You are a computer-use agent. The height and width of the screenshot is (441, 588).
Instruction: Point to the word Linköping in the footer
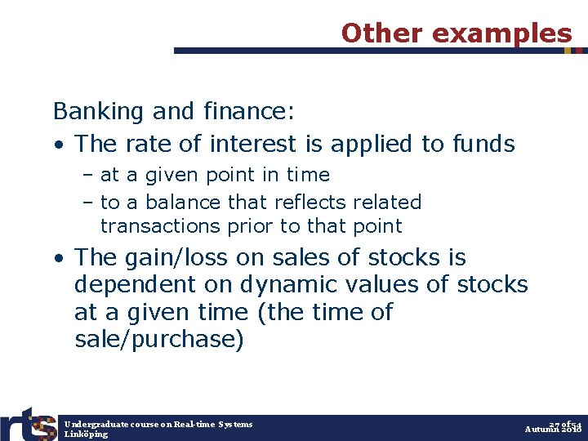85,434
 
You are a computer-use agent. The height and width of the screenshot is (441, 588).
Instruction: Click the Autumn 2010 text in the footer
552,430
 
